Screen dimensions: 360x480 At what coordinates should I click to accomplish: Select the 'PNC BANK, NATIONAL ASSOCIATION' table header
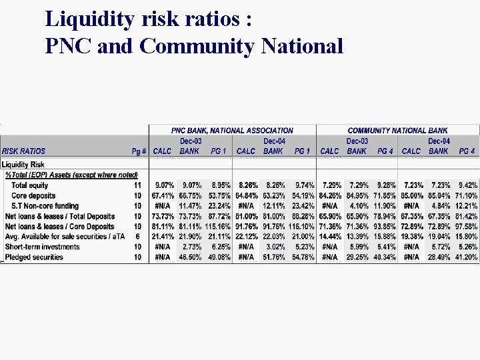(232, 131)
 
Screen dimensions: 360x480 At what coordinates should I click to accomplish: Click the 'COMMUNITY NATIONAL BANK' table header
(397, 131)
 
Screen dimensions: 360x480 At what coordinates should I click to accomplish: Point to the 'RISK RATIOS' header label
(24, 151)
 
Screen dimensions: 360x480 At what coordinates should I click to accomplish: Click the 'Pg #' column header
(139, 151)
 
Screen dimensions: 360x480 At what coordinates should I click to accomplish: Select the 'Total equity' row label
(30, 185)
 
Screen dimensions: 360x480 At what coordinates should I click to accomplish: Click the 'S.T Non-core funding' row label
(45, 206)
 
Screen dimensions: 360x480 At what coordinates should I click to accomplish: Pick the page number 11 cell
(137, 185)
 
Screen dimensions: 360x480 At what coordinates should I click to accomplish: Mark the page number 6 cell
(137, 237)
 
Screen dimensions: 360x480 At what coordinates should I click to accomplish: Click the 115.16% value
(218, 227)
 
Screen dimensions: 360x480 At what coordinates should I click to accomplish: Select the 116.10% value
(301, 227)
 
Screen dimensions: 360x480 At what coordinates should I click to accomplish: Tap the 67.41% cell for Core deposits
(163, 196)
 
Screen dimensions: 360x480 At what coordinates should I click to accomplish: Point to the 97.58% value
(467, 227)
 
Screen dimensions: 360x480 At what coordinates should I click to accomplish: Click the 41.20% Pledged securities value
(467, 257)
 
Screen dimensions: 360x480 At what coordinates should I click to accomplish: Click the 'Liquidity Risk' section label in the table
(23, 164)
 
